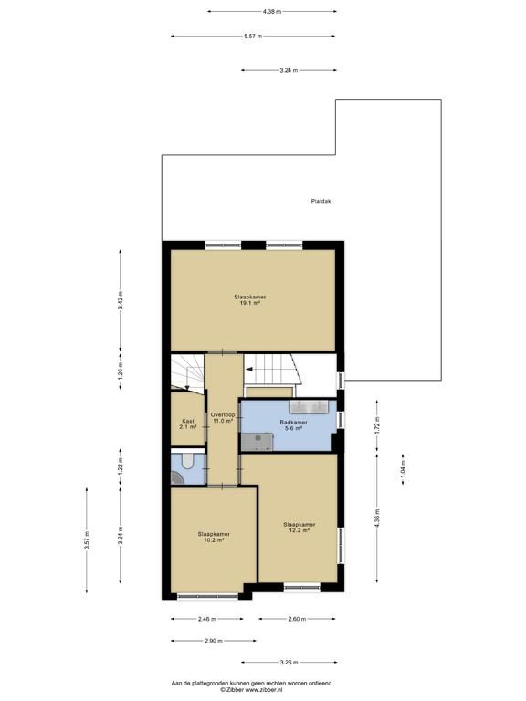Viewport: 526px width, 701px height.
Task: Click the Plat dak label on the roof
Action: pyautogui.click(x=321, y=201)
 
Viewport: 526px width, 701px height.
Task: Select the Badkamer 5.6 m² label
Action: pyautogui.click(x=293, y=425)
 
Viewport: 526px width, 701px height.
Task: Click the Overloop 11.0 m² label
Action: pyautogui.click(x=223, y=417)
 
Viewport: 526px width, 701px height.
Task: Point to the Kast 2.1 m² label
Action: pyautogui.click(x=188, y=424)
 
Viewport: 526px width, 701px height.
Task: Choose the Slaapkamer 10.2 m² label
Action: pyautogui.click(x=214, y=537)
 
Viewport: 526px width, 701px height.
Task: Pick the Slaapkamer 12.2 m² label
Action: pyautogui.click(x=300, y=527)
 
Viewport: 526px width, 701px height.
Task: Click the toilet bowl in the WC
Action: pyautogui.click(x=187, y=461)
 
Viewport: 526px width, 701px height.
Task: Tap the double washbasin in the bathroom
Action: pyautogui.click(x=309, y=406)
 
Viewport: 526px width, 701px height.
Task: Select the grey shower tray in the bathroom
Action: pyautogui.click(x=258, y=442)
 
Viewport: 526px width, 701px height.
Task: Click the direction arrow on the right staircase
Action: pyautogui.click(x=249, y=369)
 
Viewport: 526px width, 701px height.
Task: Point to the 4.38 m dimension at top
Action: pyautogui.click(x=272, y=12)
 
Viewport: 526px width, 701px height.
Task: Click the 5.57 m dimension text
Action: pyautogui.click(x=253, y=37)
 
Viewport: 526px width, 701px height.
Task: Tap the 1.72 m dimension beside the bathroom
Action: pyautogui.click(x=377, y=425)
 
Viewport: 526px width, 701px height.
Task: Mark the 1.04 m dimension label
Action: pyautogui.click(x=403, y=470)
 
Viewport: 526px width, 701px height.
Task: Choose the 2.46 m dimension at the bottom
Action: pyautogui.click(x=207, y=619)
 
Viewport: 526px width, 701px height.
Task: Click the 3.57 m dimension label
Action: pyautogui.click(x=87, y=540)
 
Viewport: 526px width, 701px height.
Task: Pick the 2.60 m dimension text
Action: pyautogui.click(x=297, y=619)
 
